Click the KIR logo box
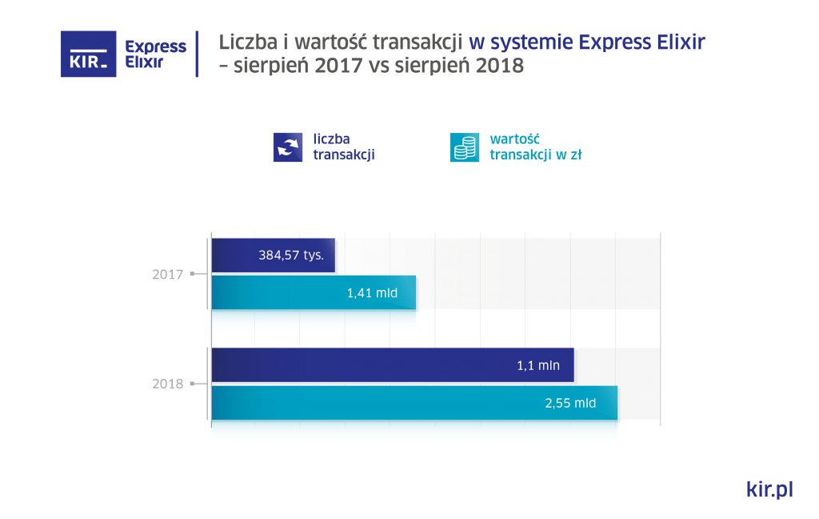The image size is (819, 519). pyautogui.click(x=89, y=54)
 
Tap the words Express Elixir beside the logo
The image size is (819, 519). pyautogui.click(x=155, y=54)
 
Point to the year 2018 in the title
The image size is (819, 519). pyautogui.click(x=499, y=66)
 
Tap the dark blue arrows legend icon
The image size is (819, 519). pyautogui.click(x=288, y=147)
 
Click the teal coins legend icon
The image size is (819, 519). pyautogui.click(x=465, y=147)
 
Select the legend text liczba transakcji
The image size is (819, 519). pyautogui.click(x=344, y=147)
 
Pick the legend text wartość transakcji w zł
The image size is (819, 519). pyautogui.click(x=535, y=147)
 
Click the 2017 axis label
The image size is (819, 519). pyautogui.click(x=168, y=275)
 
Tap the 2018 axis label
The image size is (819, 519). pyautogui.click(x=168, y=384)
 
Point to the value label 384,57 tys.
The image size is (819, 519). pyautogui.click(x=291, y=256)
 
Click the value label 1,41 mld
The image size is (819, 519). pyautogui.click(x=371, y=293)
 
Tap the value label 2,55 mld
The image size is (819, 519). pyautogui.click(x=570, y=403)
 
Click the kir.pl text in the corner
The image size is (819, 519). pyautogui.click(x=769, y=489)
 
